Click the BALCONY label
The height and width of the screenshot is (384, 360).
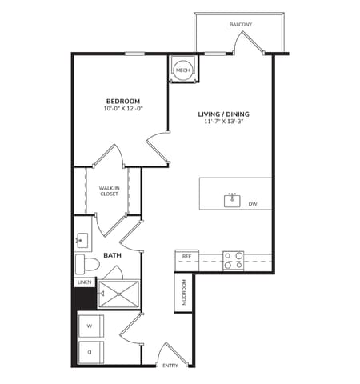(x=240, y=25)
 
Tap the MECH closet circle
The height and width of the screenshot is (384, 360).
(x=182, y=70)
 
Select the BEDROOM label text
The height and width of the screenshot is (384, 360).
(x=122, y=101)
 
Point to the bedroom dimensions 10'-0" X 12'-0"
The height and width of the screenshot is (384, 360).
(x=122, y=108)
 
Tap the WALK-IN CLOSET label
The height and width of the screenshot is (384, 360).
(x=110, y=190)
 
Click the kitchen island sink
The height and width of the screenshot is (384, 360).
(x=233, y=199)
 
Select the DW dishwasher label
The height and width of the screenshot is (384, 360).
(x=252, y=204)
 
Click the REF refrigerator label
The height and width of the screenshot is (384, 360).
(x=186, y=256)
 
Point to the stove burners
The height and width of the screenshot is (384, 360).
(x=233, y=260)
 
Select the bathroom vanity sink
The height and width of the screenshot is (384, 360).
(x=81, y=238)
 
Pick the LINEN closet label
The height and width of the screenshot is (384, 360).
(x=84, y=282)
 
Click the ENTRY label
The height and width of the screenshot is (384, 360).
(x=170, y=366)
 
